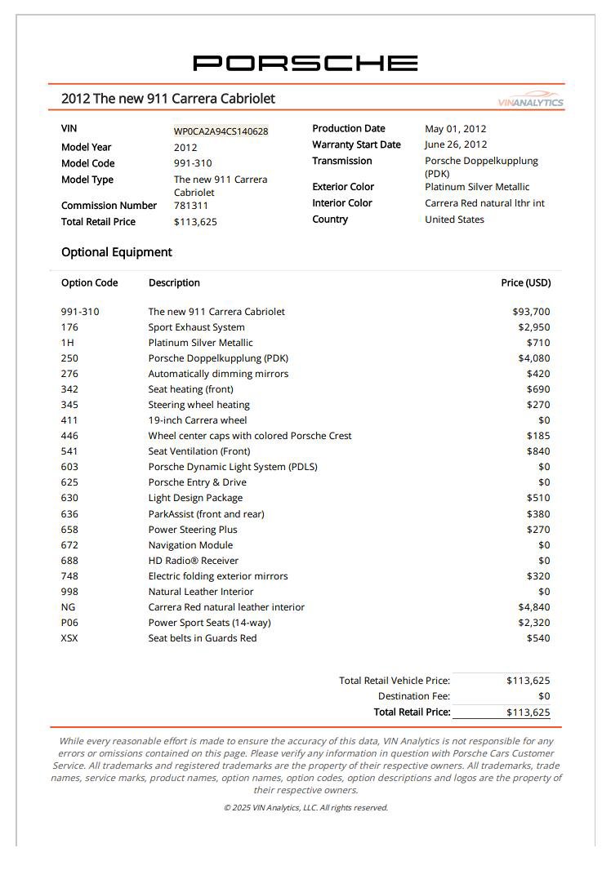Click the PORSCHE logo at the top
(x=305, y=63)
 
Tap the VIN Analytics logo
(x=531, y=101)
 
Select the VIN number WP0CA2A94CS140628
(x=221, y=131)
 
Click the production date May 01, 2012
(x=455, y=129)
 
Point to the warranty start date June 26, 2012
(x=456, y=145)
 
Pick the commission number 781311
(x=191, y=206)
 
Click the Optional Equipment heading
(x=117, y=252)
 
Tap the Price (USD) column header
(x=525, y=283)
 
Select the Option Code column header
(x=89, y=283)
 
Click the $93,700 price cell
(x=531, y=312)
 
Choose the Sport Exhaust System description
(x=196, y=327)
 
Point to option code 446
(x=69, y=436)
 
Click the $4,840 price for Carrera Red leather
(x=534, y=607)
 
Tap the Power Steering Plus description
(x=193, y=530)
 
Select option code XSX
(x=69, y=638)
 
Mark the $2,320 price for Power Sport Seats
(x=534, y=623)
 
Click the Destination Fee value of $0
(x=544, y=696)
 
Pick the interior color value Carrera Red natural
(x=484, y=203)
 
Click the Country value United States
(x=454, y=220)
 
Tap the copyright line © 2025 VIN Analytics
(x=305, y=808)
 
